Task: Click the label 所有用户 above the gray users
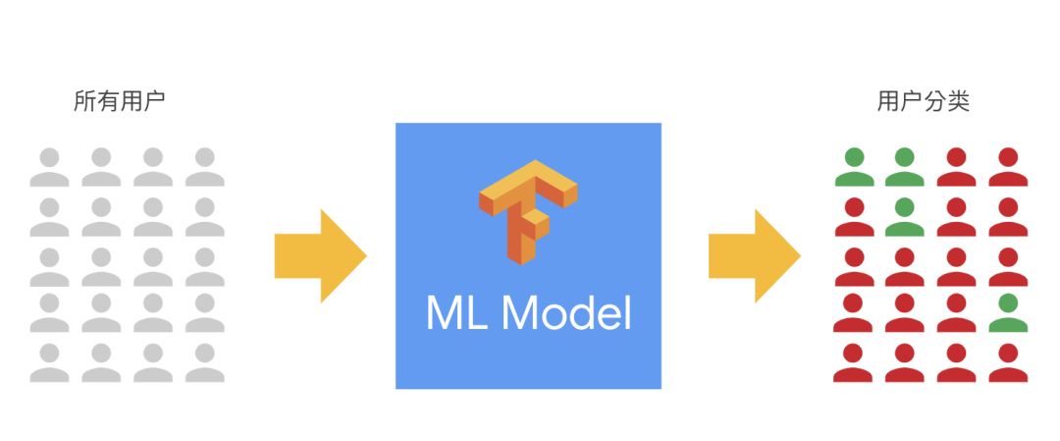pyautogui.click(x=120, y=101)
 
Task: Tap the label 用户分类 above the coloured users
pyautogui.click(x=924, y=101)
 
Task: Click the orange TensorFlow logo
pyautogui.click(x=528, y=211)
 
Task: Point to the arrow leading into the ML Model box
pyautogui.click(x=320, y=255)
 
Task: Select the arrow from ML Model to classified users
pyautogui.click(x=755, y=255)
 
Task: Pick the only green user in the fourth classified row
pyautogui.click(x=1008, y=313)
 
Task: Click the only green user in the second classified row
pyautogui.click(x=905, y=216)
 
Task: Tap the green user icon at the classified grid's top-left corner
pyautogui.click(x=855, y=167)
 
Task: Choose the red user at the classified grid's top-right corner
pyautogui.click(x=1008, y=167)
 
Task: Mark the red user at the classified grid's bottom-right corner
pyautogui.click(x=1008, y=363)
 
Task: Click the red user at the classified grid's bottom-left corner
pyautogui.click(x=855, y=363)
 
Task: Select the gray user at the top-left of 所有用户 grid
pyautogui.click(x=49, y=167)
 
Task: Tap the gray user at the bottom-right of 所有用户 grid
pyautogui.click(x=205, y=363)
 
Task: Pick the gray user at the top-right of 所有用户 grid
pyautogui.click(x=205, y=167)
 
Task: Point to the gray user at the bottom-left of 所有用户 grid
pyautogui.click(x=49, y=363)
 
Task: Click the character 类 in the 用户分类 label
pyautogui.click(x=959, y=101)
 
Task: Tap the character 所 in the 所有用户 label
pyautogui.click(x=85, y=101)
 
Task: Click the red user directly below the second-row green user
pyautogui.click(x=905, y=267)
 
